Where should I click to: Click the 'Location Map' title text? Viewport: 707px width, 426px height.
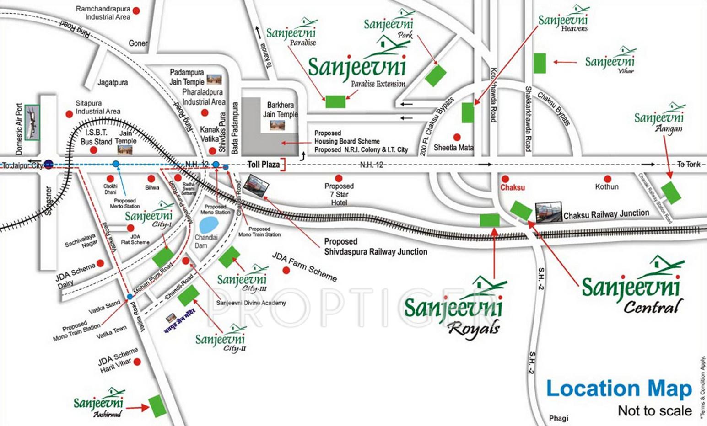click(x=619, y=389)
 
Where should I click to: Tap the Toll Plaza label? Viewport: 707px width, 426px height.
click(x=263, y=165)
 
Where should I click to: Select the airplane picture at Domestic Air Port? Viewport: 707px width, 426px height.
click(x=32, y=122)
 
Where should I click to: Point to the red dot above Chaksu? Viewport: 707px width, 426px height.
click(x=505, y=179)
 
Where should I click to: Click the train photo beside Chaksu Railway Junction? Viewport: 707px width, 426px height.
click(x=548, y=212)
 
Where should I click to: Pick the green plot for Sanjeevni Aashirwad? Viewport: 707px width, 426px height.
click(x=157, y=406)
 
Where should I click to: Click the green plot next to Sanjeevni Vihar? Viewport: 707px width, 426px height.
click(x=540, y=63)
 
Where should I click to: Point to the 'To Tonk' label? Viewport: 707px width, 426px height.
click(x=688, y=165)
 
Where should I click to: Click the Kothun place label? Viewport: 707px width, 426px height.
click(x=607, y=186)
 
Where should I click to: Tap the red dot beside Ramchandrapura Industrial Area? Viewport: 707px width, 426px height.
click(x=136, y=11)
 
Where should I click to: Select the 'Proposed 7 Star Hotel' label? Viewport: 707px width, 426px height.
click(x=339, y=194)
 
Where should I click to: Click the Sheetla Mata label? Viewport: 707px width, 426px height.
click(x=453, y=148)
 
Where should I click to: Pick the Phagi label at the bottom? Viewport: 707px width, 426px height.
click(x=558, y=418)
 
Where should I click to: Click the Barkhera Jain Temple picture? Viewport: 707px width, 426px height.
click(x=277, y=125)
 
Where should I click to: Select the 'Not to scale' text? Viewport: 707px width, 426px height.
click(x=654, y=411)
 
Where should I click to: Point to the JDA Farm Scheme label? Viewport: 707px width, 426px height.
click(x=304, y=267)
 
